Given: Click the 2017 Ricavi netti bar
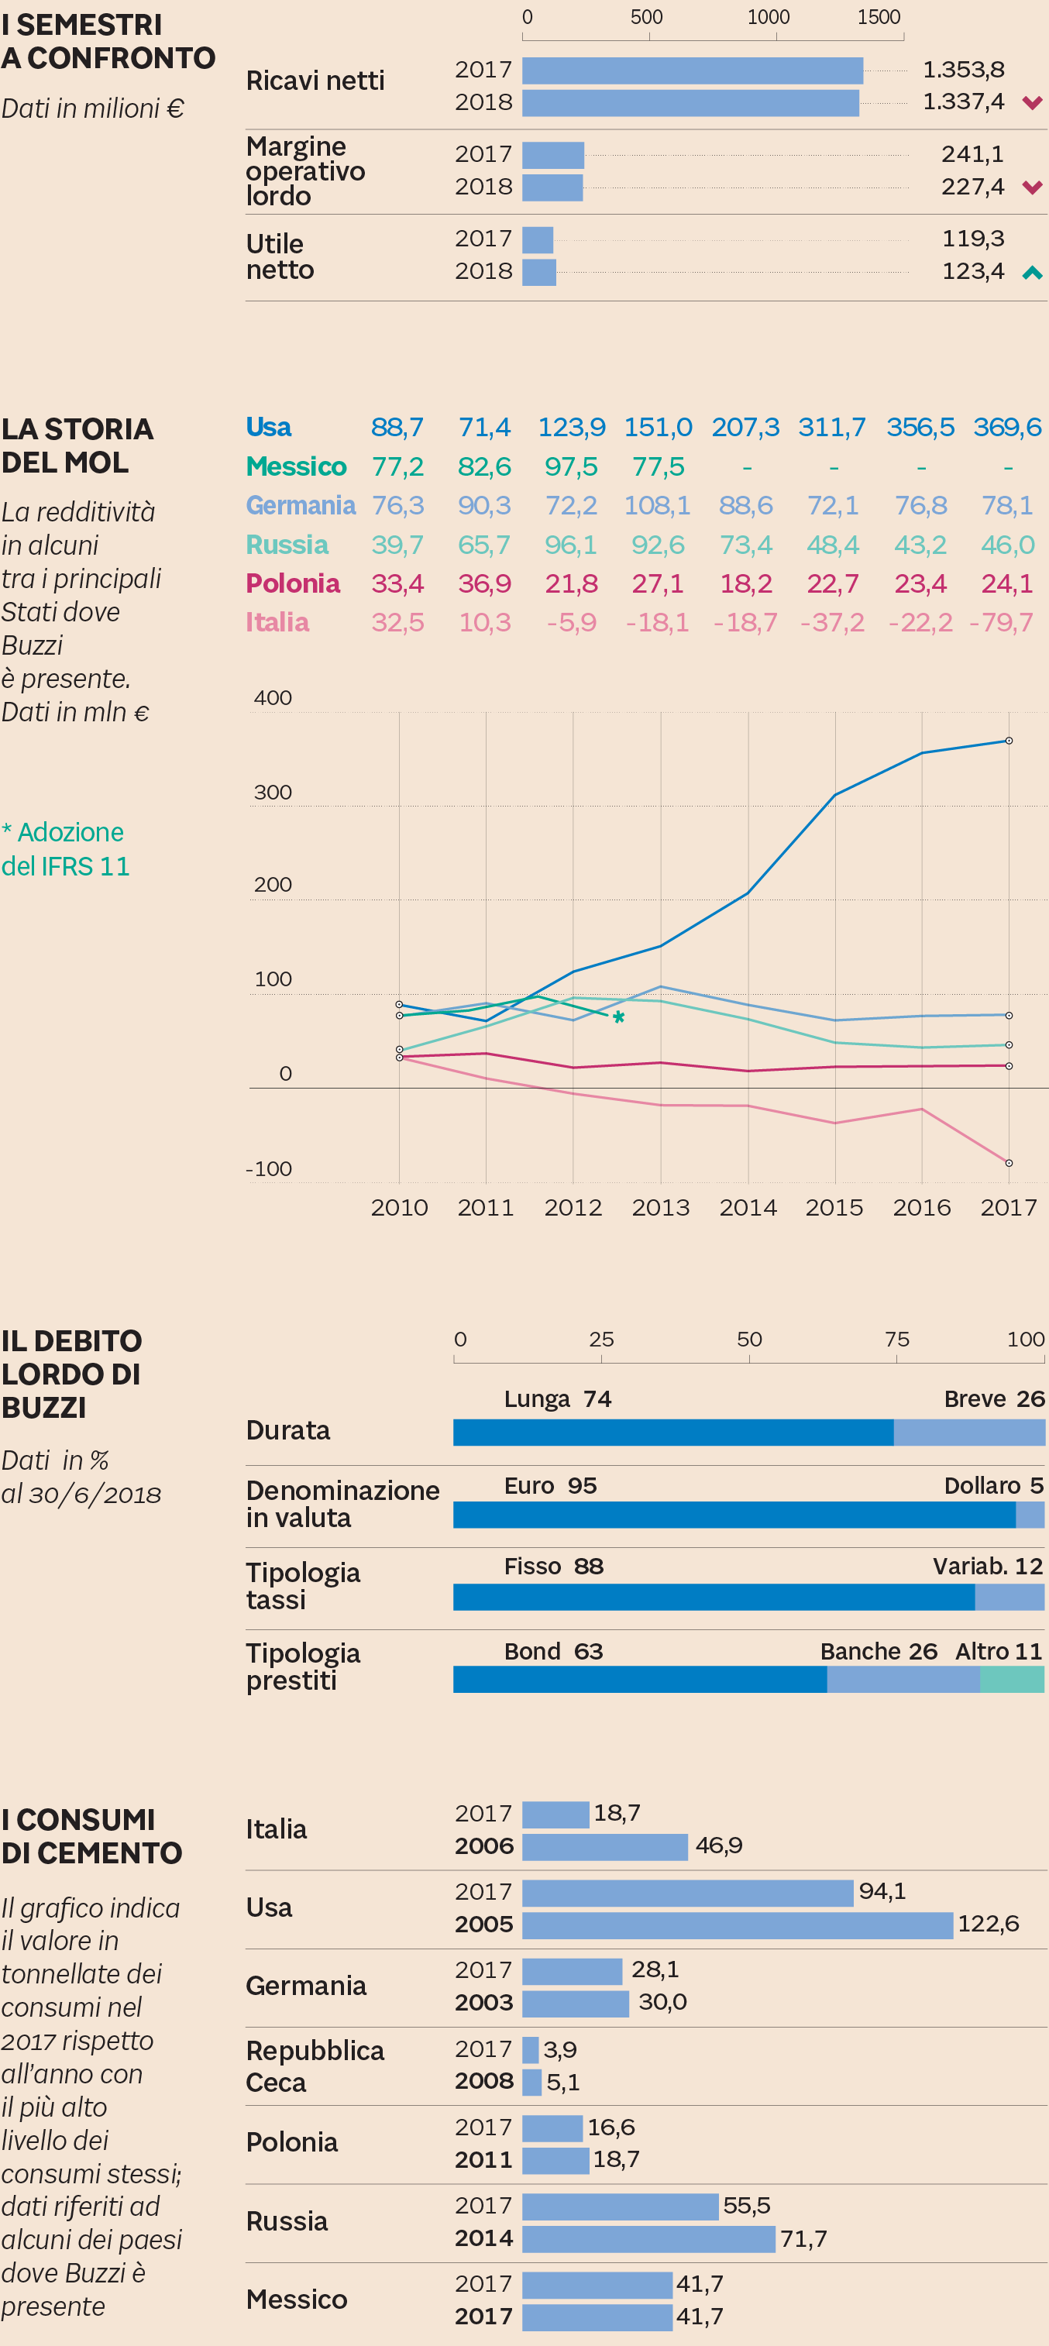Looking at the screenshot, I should [692, 71].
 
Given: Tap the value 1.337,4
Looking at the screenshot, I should [964, 101].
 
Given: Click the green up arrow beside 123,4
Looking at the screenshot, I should [1032, 272].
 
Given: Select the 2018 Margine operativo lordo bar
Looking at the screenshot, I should [552, 187].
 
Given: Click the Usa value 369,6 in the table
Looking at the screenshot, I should [1006, 427].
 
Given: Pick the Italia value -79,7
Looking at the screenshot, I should [1001, 622].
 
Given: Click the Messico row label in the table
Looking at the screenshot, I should [296, 466].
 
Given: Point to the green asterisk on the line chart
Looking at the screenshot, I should [618, 1018].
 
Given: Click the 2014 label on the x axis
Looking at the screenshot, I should [748, 1208].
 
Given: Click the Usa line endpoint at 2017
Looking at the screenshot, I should [1008, 741].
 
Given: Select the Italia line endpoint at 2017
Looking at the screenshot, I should [1008, 1163].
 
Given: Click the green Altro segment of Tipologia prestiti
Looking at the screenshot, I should [1012, 1680].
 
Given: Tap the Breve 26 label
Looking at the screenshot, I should [993, 1399].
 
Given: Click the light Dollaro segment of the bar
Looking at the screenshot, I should [1030, 1515].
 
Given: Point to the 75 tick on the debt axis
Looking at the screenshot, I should [896, 1340].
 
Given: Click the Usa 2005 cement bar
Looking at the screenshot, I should [737, 1925].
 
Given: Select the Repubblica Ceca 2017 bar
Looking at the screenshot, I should [530, 2049].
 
